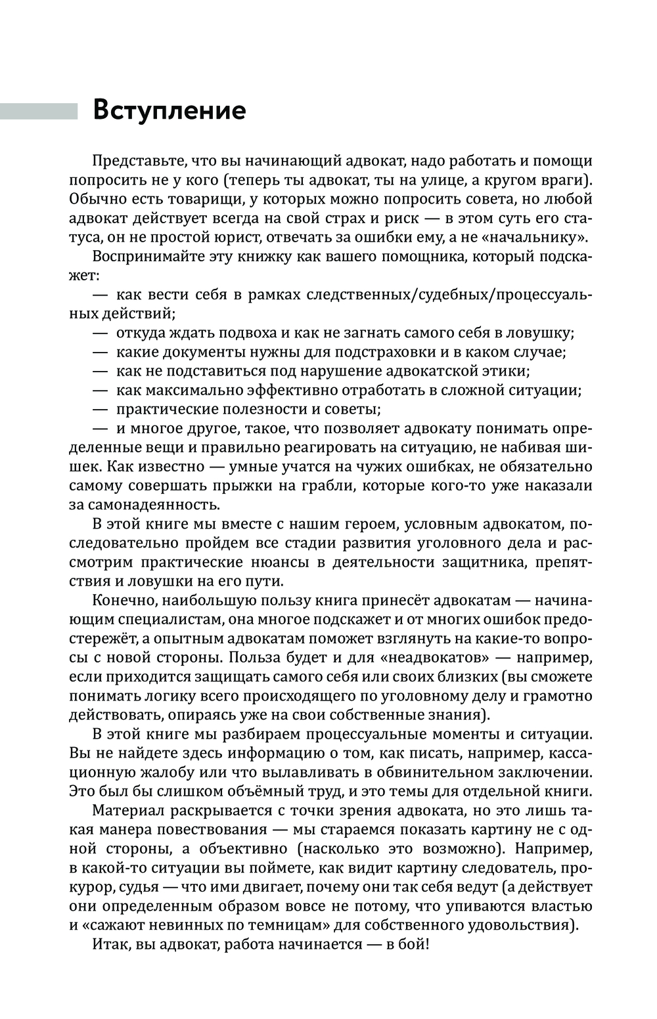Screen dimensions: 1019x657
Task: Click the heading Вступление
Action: coord(170,110)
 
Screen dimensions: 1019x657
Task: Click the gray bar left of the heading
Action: coord(38,111)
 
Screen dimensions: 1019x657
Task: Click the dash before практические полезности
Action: coord(100,409)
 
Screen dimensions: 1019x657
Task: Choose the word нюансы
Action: coord(265,563)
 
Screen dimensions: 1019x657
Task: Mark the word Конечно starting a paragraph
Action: coord(125,601)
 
